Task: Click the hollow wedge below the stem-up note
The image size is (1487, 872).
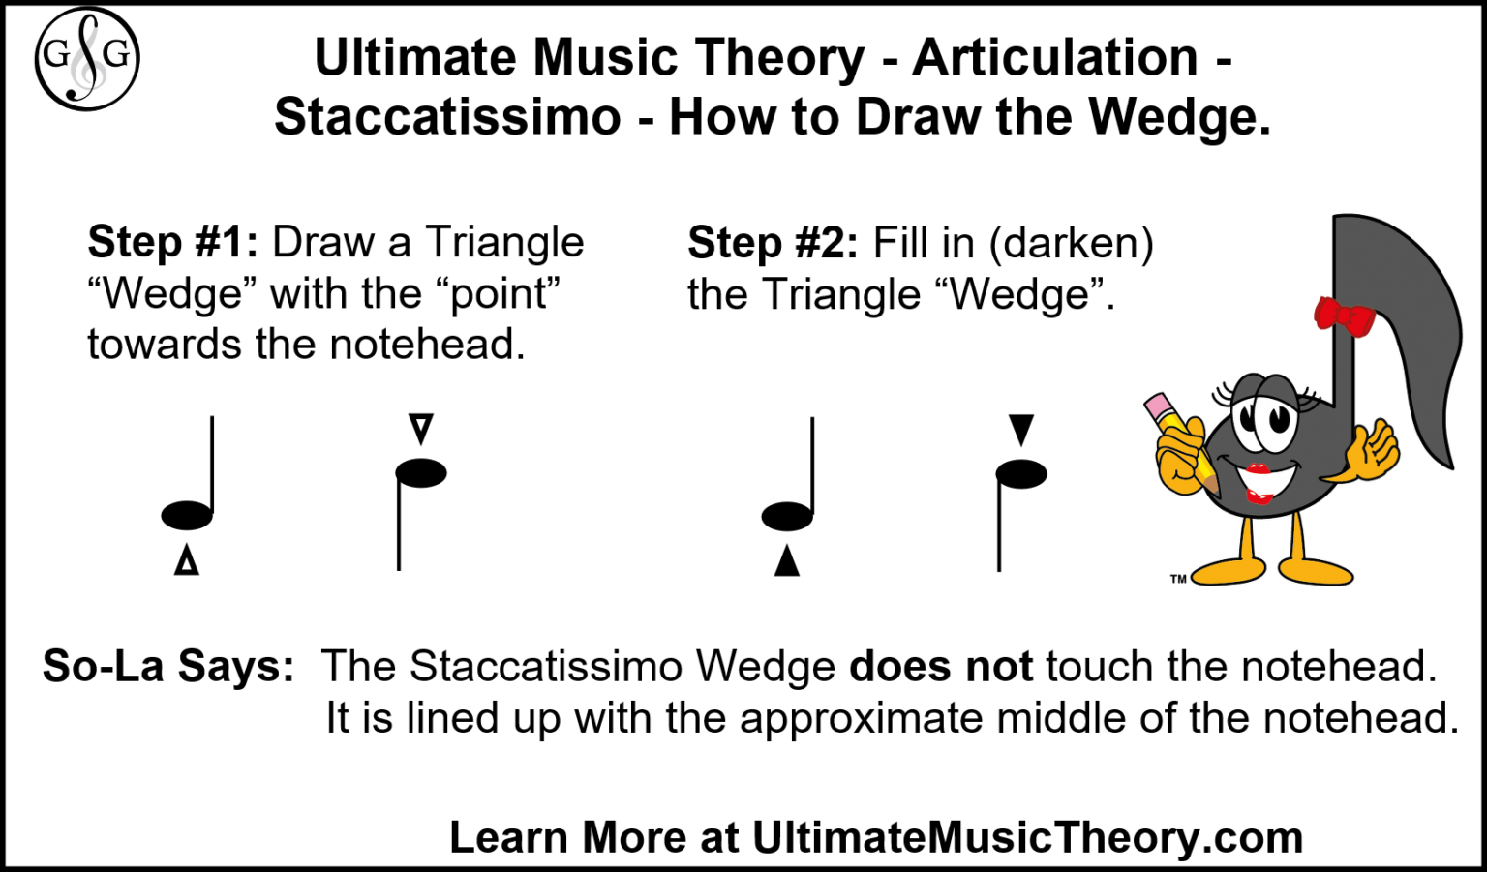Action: (x=187, y=561)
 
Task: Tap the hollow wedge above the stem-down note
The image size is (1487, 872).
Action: (x=420, y=428)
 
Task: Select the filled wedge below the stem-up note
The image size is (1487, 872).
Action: (x=787, y=561)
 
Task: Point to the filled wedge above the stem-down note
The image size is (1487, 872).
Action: (x=1021, y=429)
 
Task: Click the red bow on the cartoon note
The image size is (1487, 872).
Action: (x=1345, y=316)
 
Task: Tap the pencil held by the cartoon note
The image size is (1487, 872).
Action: (x=1177, y=436)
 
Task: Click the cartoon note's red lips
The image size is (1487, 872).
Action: (x=1259, y=483)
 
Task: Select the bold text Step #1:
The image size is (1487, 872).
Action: (x=172, y=242)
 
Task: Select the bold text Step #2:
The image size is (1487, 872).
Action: (x=773, y=242)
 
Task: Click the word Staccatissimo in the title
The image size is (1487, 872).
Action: (x=447, y=117)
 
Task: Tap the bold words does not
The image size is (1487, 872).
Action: (x=941, y=667)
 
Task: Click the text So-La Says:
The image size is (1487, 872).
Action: (x=168, y=667)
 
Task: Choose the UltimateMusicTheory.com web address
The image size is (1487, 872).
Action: (x=1027, y=837)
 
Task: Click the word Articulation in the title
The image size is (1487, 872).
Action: (x=1055, y=57)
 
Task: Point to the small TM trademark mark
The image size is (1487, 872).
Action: (x=1178, y=579)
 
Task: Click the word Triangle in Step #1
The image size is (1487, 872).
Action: (x=504, y=242)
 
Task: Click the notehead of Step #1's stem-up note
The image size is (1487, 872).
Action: (x=187, y=516)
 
